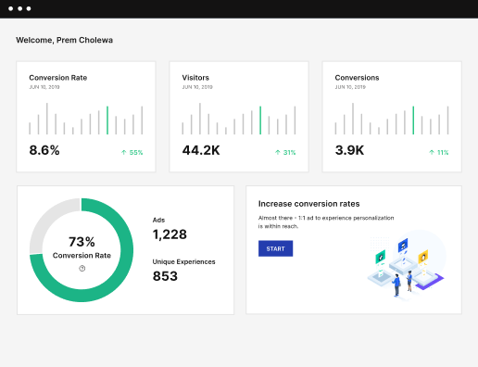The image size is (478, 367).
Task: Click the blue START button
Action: (x=275, y=248)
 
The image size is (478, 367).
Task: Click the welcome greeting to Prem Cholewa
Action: (x=64, y=41)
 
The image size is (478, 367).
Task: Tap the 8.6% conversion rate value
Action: (x=44, y=150)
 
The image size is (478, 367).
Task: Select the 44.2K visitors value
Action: (x=201, y=150)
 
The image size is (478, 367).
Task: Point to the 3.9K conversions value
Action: (x=350, y=150)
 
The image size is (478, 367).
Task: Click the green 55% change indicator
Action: (x=132, y=152)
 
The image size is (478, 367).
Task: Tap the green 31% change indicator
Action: (x=284, y=152)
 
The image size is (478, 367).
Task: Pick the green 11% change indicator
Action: (x=437, y=152)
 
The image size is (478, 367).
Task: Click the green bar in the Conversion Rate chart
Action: (x=107, y=120)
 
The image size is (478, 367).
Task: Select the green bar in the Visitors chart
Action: (x=260, y=120)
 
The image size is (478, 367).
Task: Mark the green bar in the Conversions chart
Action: (x=413, y=120)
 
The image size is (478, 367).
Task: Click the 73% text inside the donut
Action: (x=82, y=241)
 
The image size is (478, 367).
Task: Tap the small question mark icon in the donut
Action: (x=82, y=269)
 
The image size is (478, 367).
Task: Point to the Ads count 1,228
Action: (x=170, y=234)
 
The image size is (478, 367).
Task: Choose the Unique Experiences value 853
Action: (x=165, y=276)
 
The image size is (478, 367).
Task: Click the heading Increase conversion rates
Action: (x=308, y=203)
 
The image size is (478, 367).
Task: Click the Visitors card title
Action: (x=196, y=78)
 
